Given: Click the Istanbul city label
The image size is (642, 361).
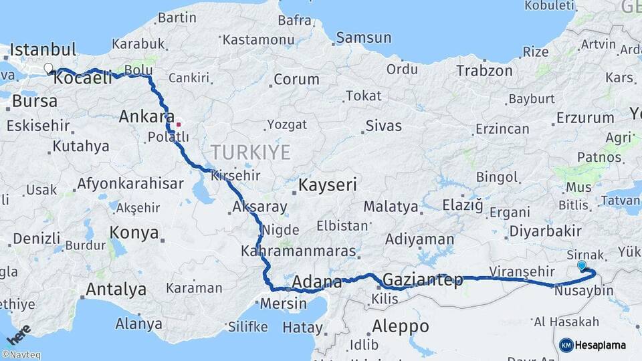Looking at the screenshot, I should point(43,49).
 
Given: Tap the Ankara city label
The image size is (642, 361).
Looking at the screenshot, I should point(146,117).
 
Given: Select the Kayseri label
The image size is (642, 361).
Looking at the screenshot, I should point(328,185).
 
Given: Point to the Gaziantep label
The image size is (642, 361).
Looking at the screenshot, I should point(423,280).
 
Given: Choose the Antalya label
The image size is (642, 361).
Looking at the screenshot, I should point(116,289).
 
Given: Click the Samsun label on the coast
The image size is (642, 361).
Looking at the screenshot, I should point(363,38).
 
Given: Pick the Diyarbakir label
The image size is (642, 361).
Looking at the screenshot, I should point(544,231).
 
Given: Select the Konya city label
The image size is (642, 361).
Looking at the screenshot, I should point(135,233).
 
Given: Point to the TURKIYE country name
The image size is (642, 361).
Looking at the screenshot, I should point(251,152).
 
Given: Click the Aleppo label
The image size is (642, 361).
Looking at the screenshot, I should point(401,327).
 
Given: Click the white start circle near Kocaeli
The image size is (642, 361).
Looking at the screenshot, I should point(48,68).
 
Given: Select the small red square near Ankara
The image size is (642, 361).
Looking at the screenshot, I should point(179,124).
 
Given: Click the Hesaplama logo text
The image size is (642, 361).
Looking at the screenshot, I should point(601,345).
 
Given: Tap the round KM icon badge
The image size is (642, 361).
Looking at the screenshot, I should point(566,345).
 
